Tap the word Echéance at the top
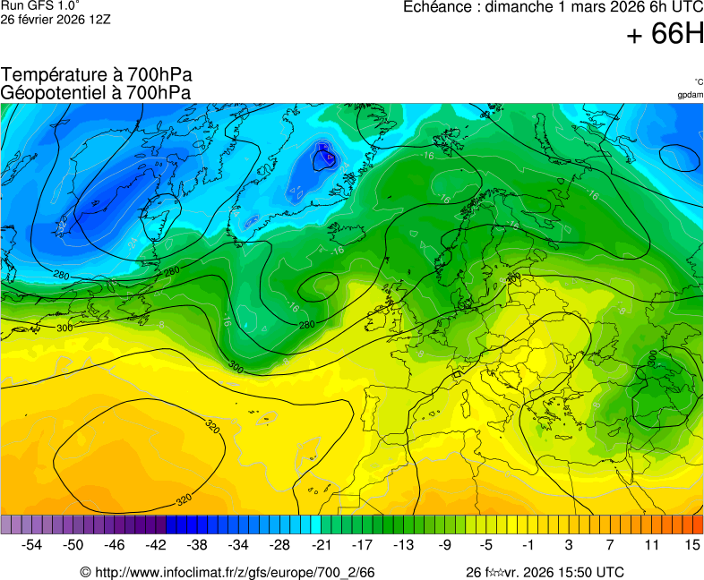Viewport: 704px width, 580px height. click(x=436, y=7)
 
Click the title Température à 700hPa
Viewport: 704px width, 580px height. click(x=97, y=75)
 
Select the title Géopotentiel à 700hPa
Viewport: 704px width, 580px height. click(x=97, y=92)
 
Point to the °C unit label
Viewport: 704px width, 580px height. click(x=698, y=82)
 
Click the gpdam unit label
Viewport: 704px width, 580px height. click(x=690, y=95)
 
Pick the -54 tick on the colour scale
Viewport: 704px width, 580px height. click(x=32, y=544)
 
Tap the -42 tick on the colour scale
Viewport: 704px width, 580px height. click(x=156, y=544)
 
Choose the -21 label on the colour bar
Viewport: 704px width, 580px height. click(x=321, y=544)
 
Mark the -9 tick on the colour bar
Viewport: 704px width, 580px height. click(x=444, y=544)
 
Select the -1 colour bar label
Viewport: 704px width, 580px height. click(x=527, y=544)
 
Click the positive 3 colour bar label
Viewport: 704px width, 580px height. click(x=569, y=544)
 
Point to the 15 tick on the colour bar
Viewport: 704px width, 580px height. click(x=691, y=544)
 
